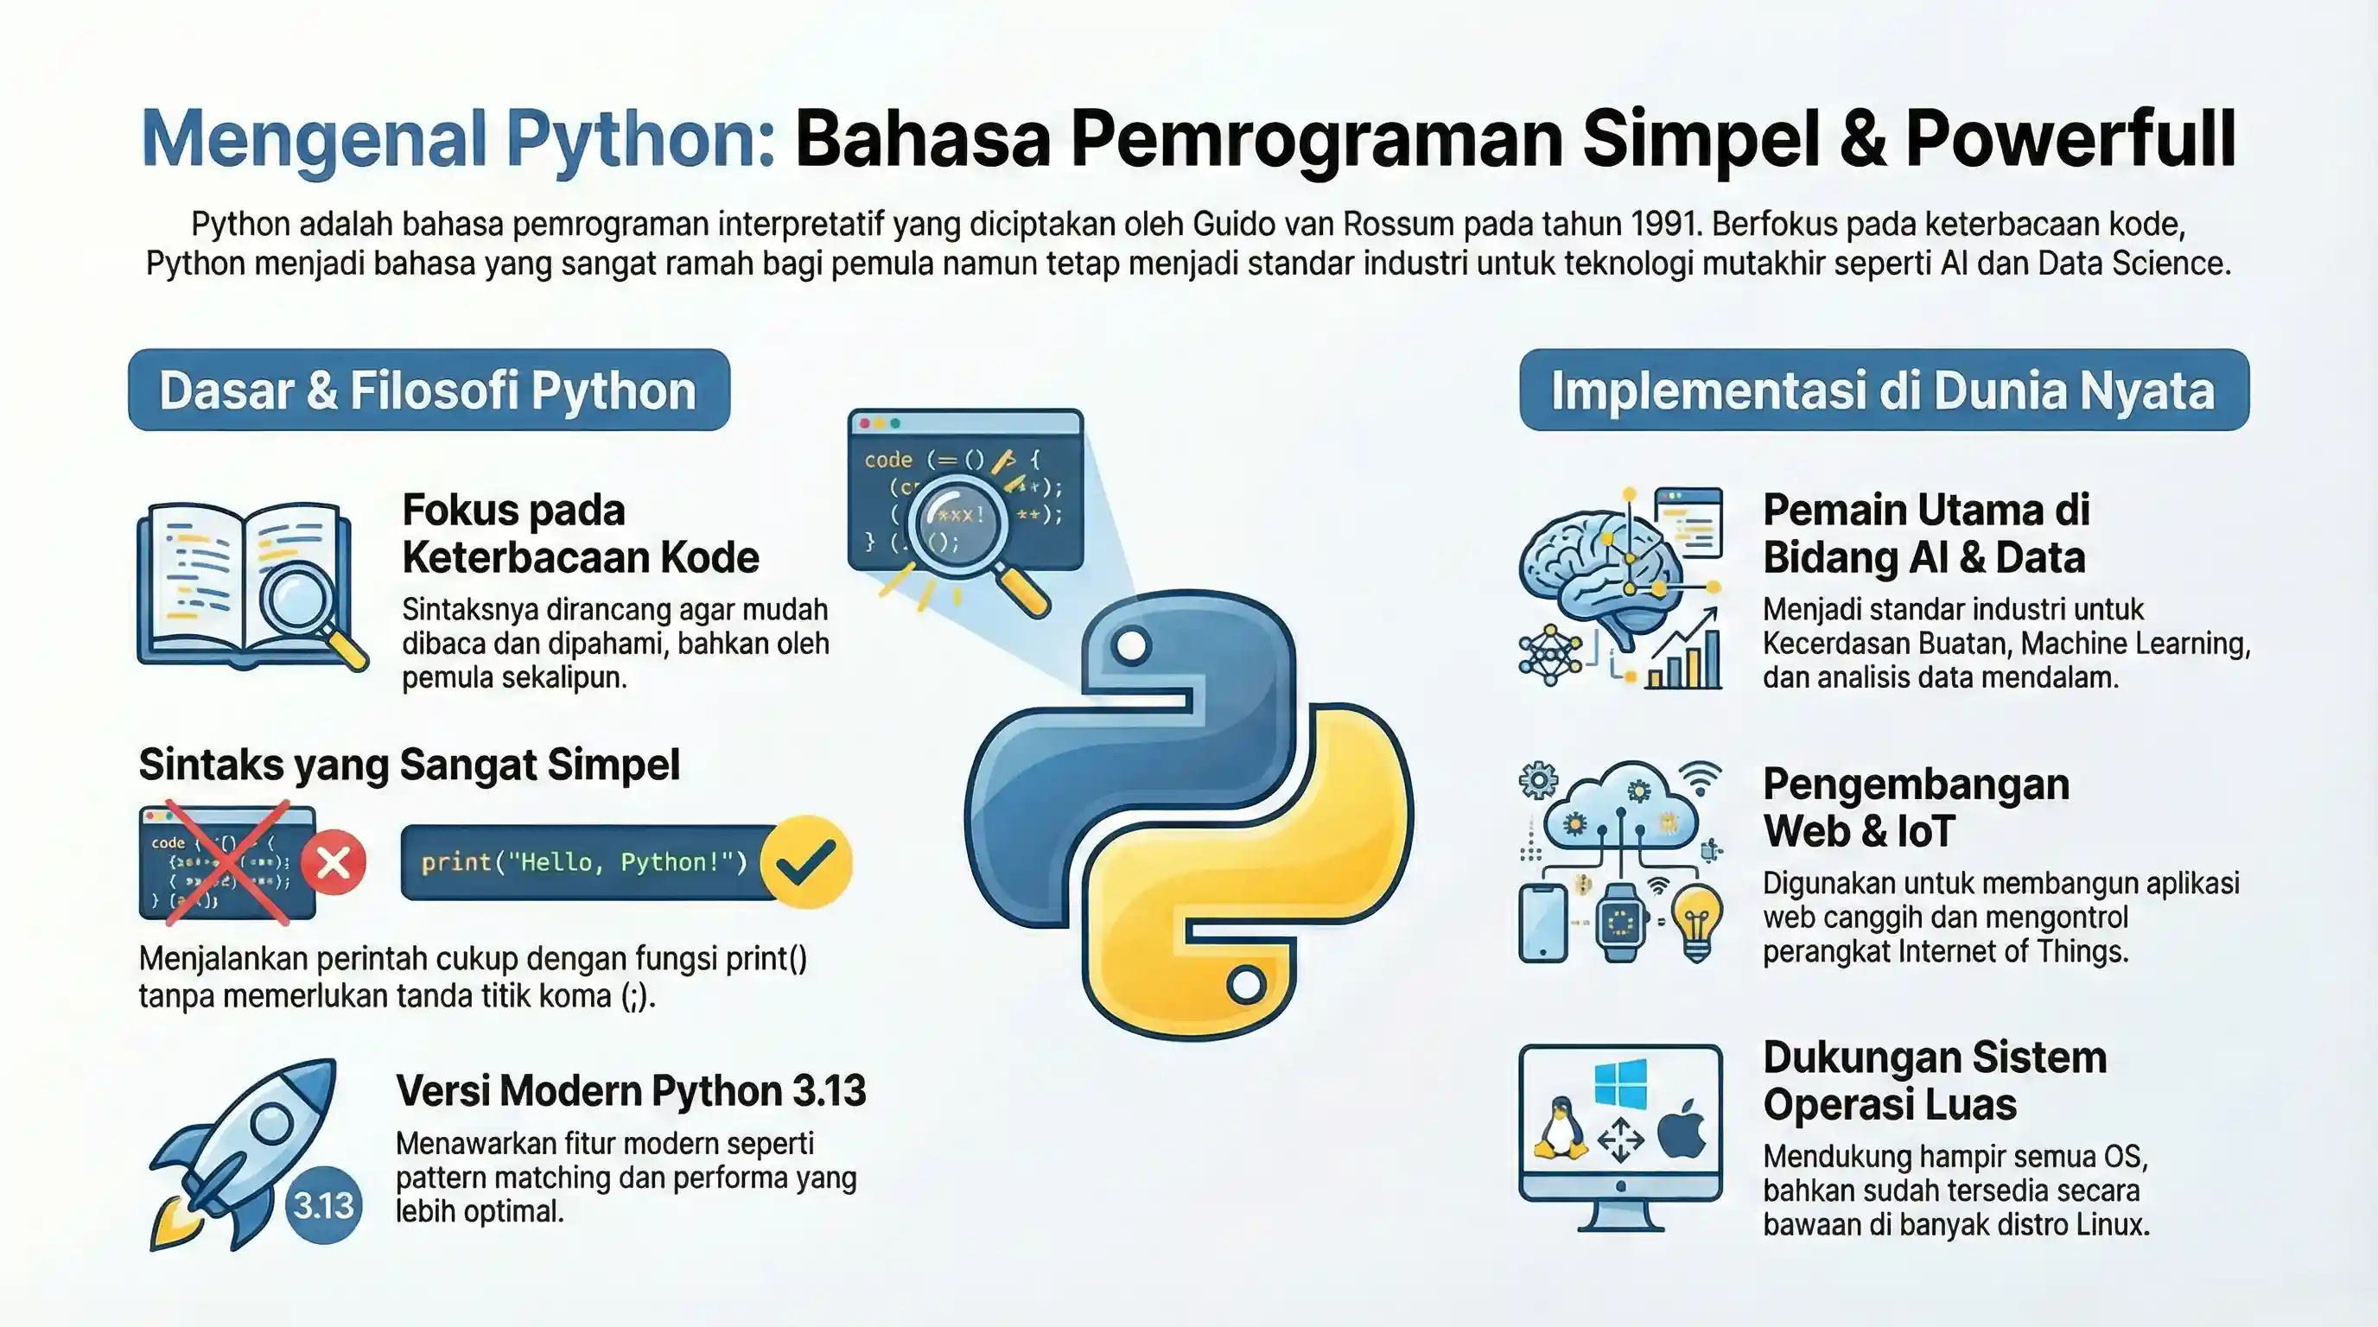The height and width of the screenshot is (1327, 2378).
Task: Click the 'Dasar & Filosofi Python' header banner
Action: click(x=429, y=390)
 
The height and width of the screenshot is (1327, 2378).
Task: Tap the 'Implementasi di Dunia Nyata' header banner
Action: click(x=1883, y=390)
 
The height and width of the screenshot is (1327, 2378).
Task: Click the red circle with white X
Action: click(x=334, y=863)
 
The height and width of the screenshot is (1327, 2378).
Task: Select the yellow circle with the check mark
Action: click(x=807, y=862)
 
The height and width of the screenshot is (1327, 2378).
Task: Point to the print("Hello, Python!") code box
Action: click(x=583, y=862)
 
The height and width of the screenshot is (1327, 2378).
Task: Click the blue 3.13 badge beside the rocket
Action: click(x=323, y=1204)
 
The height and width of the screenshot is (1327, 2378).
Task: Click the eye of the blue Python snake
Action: click(x=1132, y=645)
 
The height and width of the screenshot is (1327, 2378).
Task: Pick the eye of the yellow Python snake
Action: click(x=1245, y=984)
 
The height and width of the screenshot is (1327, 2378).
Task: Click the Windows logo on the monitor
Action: click(x=1620, y=1083)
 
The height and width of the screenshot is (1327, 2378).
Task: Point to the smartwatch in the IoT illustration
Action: click(x=1621, y=921)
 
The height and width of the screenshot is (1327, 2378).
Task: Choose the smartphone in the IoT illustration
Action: click(x=1543, y=922)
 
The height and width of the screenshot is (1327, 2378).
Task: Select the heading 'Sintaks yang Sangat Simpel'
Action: click(x=409, y=764)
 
